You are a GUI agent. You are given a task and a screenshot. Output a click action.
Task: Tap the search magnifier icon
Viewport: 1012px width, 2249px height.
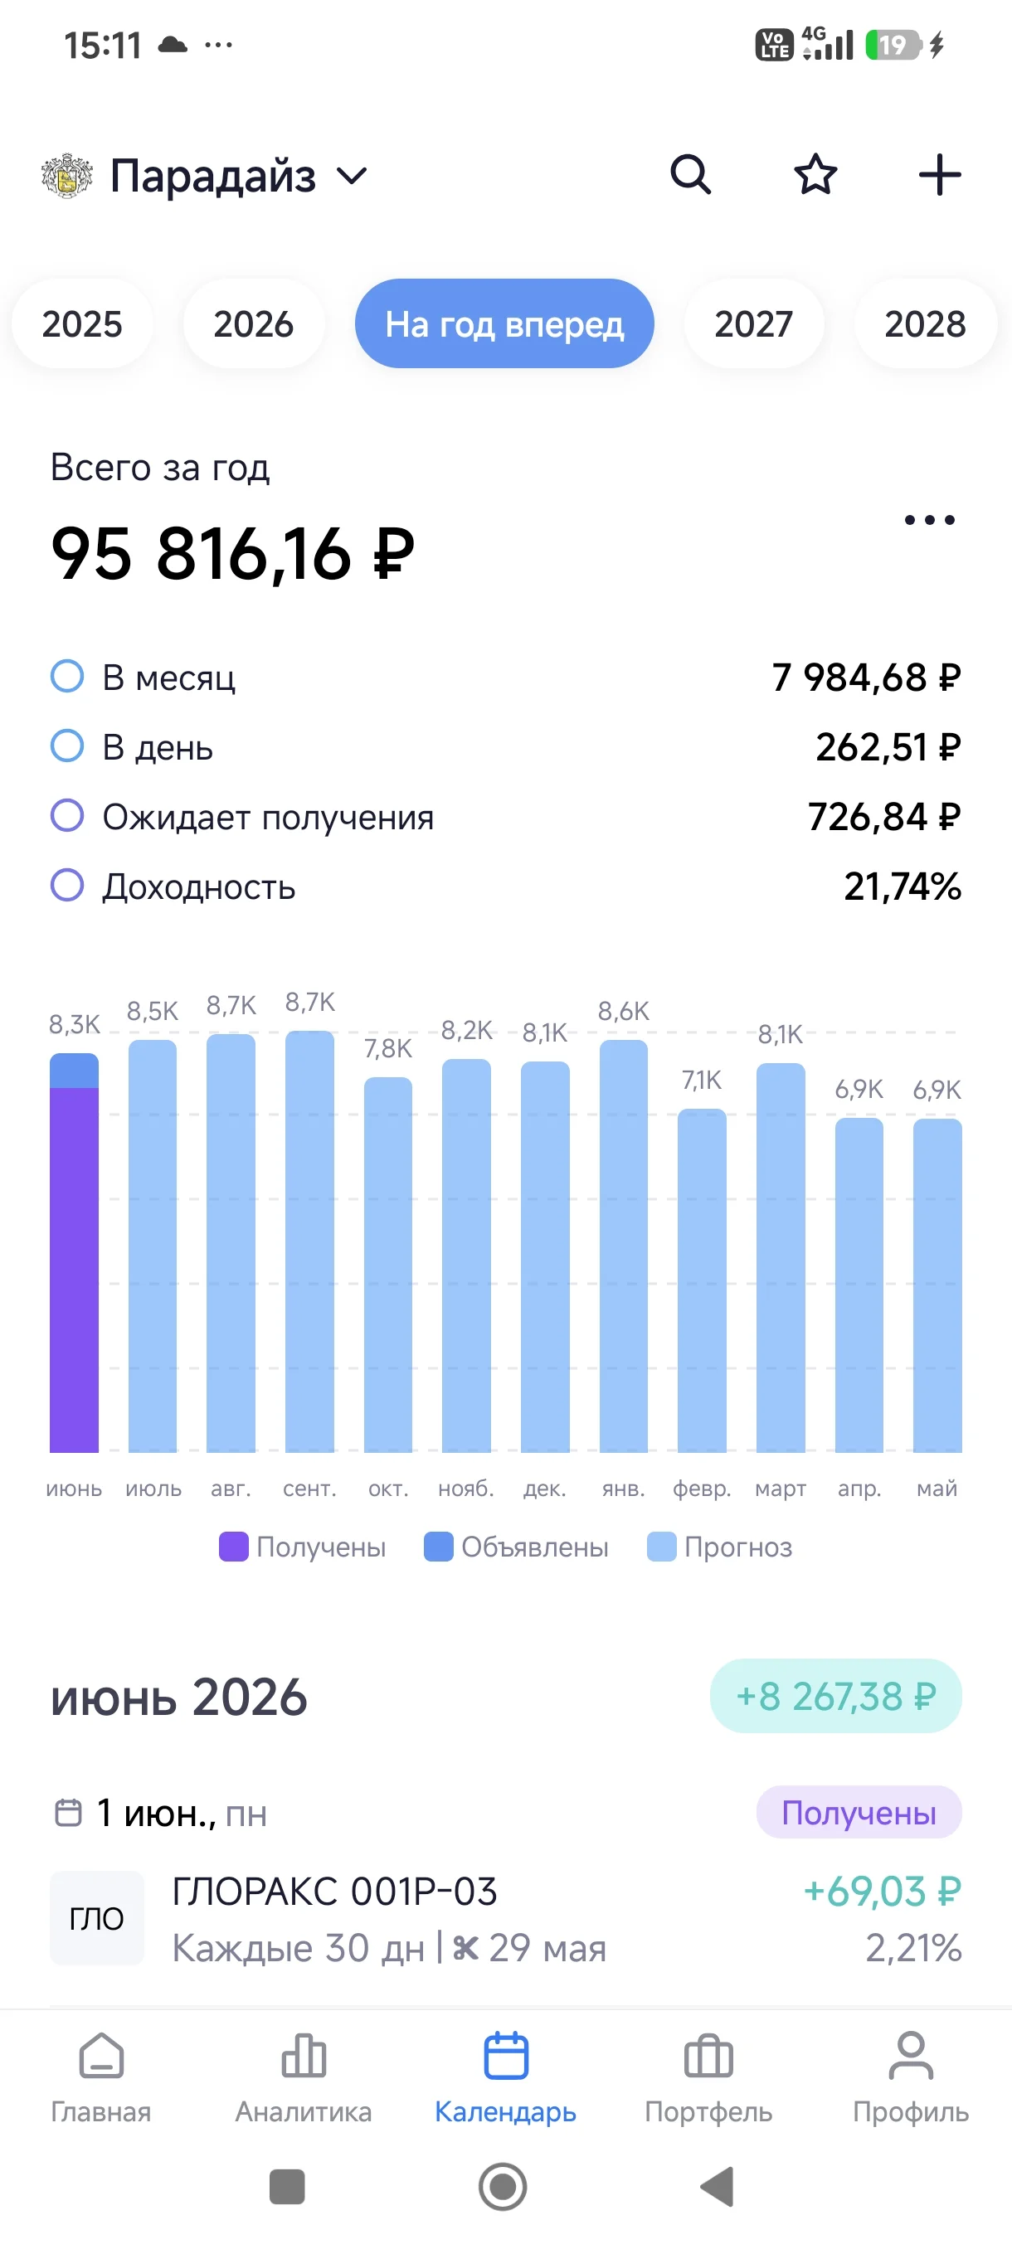(x=690, y=175)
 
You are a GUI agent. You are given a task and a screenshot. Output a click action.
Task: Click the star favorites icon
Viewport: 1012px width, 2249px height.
(x=815, y=175)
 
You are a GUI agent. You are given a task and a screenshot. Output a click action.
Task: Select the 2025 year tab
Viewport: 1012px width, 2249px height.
(x=82, y=324)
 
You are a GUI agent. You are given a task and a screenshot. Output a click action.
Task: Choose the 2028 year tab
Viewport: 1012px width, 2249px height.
(x=925, y=324)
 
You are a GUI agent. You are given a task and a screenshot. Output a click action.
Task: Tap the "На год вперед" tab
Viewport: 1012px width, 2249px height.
(x=504, y=324)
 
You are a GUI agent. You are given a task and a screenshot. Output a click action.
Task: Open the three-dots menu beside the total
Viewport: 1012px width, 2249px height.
(x=929, y=520)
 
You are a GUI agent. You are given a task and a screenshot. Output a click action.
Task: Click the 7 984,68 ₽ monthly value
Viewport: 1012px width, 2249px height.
(x=866, y=678)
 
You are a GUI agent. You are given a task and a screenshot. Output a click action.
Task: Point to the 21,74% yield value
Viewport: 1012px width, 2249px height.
(x=903, y=887)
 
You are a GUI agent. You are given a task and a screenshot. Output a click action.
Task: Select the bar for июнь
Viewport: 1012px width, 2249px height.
(x=74, y=1253)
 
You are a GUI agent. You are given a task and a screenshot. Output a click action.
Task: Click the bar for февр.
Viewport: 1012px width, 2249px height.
(x=702, y=1280)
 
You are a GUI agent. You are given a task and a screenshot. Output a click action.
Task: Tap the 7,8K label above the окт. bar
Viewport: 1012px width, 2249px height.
(x=387, y=1048)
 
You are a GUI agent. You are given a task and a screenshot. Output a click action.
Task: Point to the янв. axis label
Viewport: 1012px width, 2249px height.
(x=624, y=1489)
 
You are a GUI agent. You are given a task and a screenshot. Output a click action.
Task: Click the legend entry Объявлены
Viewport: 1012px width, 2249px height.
(x=516, y=1547)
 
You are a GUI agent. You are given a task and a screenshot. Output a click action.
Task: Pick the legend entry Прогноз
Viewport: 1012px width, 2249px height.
(x=719, y=1547)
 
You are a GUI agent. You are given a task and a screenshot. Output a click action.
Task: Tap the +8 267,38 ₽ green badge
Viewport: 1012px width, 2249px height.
(x=835, y=1697)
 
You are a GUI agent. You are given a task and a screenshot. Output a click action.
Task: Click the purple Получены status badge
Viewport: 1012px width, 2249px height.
(x=859, y=1814)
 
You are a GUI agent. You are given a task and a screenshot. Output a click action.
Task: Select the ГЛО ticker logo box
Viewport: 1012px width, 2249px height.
(x=97, y=1918)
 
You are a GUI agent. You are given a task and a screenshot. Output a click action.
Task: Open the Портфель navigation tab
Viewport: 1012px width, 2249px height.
(x=708, y=2078)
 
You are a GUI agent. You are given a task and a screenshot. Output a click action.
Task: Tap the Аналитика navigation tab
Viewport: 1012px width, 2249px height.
(x=304, y=2078)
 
